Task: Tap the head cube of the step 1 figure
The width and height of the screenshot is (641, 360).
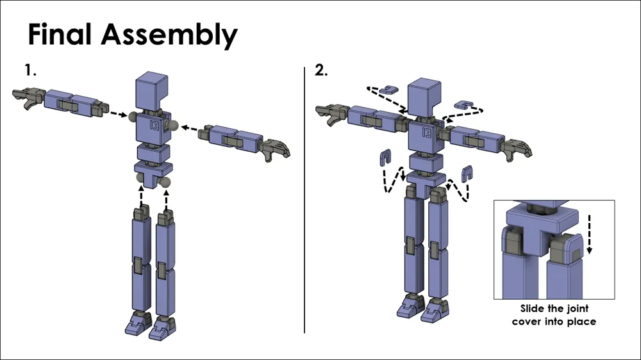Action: click(x=152, y=90)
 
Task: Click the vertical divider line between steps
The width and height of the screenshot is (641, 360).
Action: click(x=304, y=199)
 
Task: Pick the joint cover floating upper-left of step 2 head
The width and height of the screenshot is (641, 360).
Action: click(x=386, y=90)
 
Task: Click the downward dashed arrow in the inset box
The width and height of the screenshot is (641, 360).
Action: click(x=590, y=233)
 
